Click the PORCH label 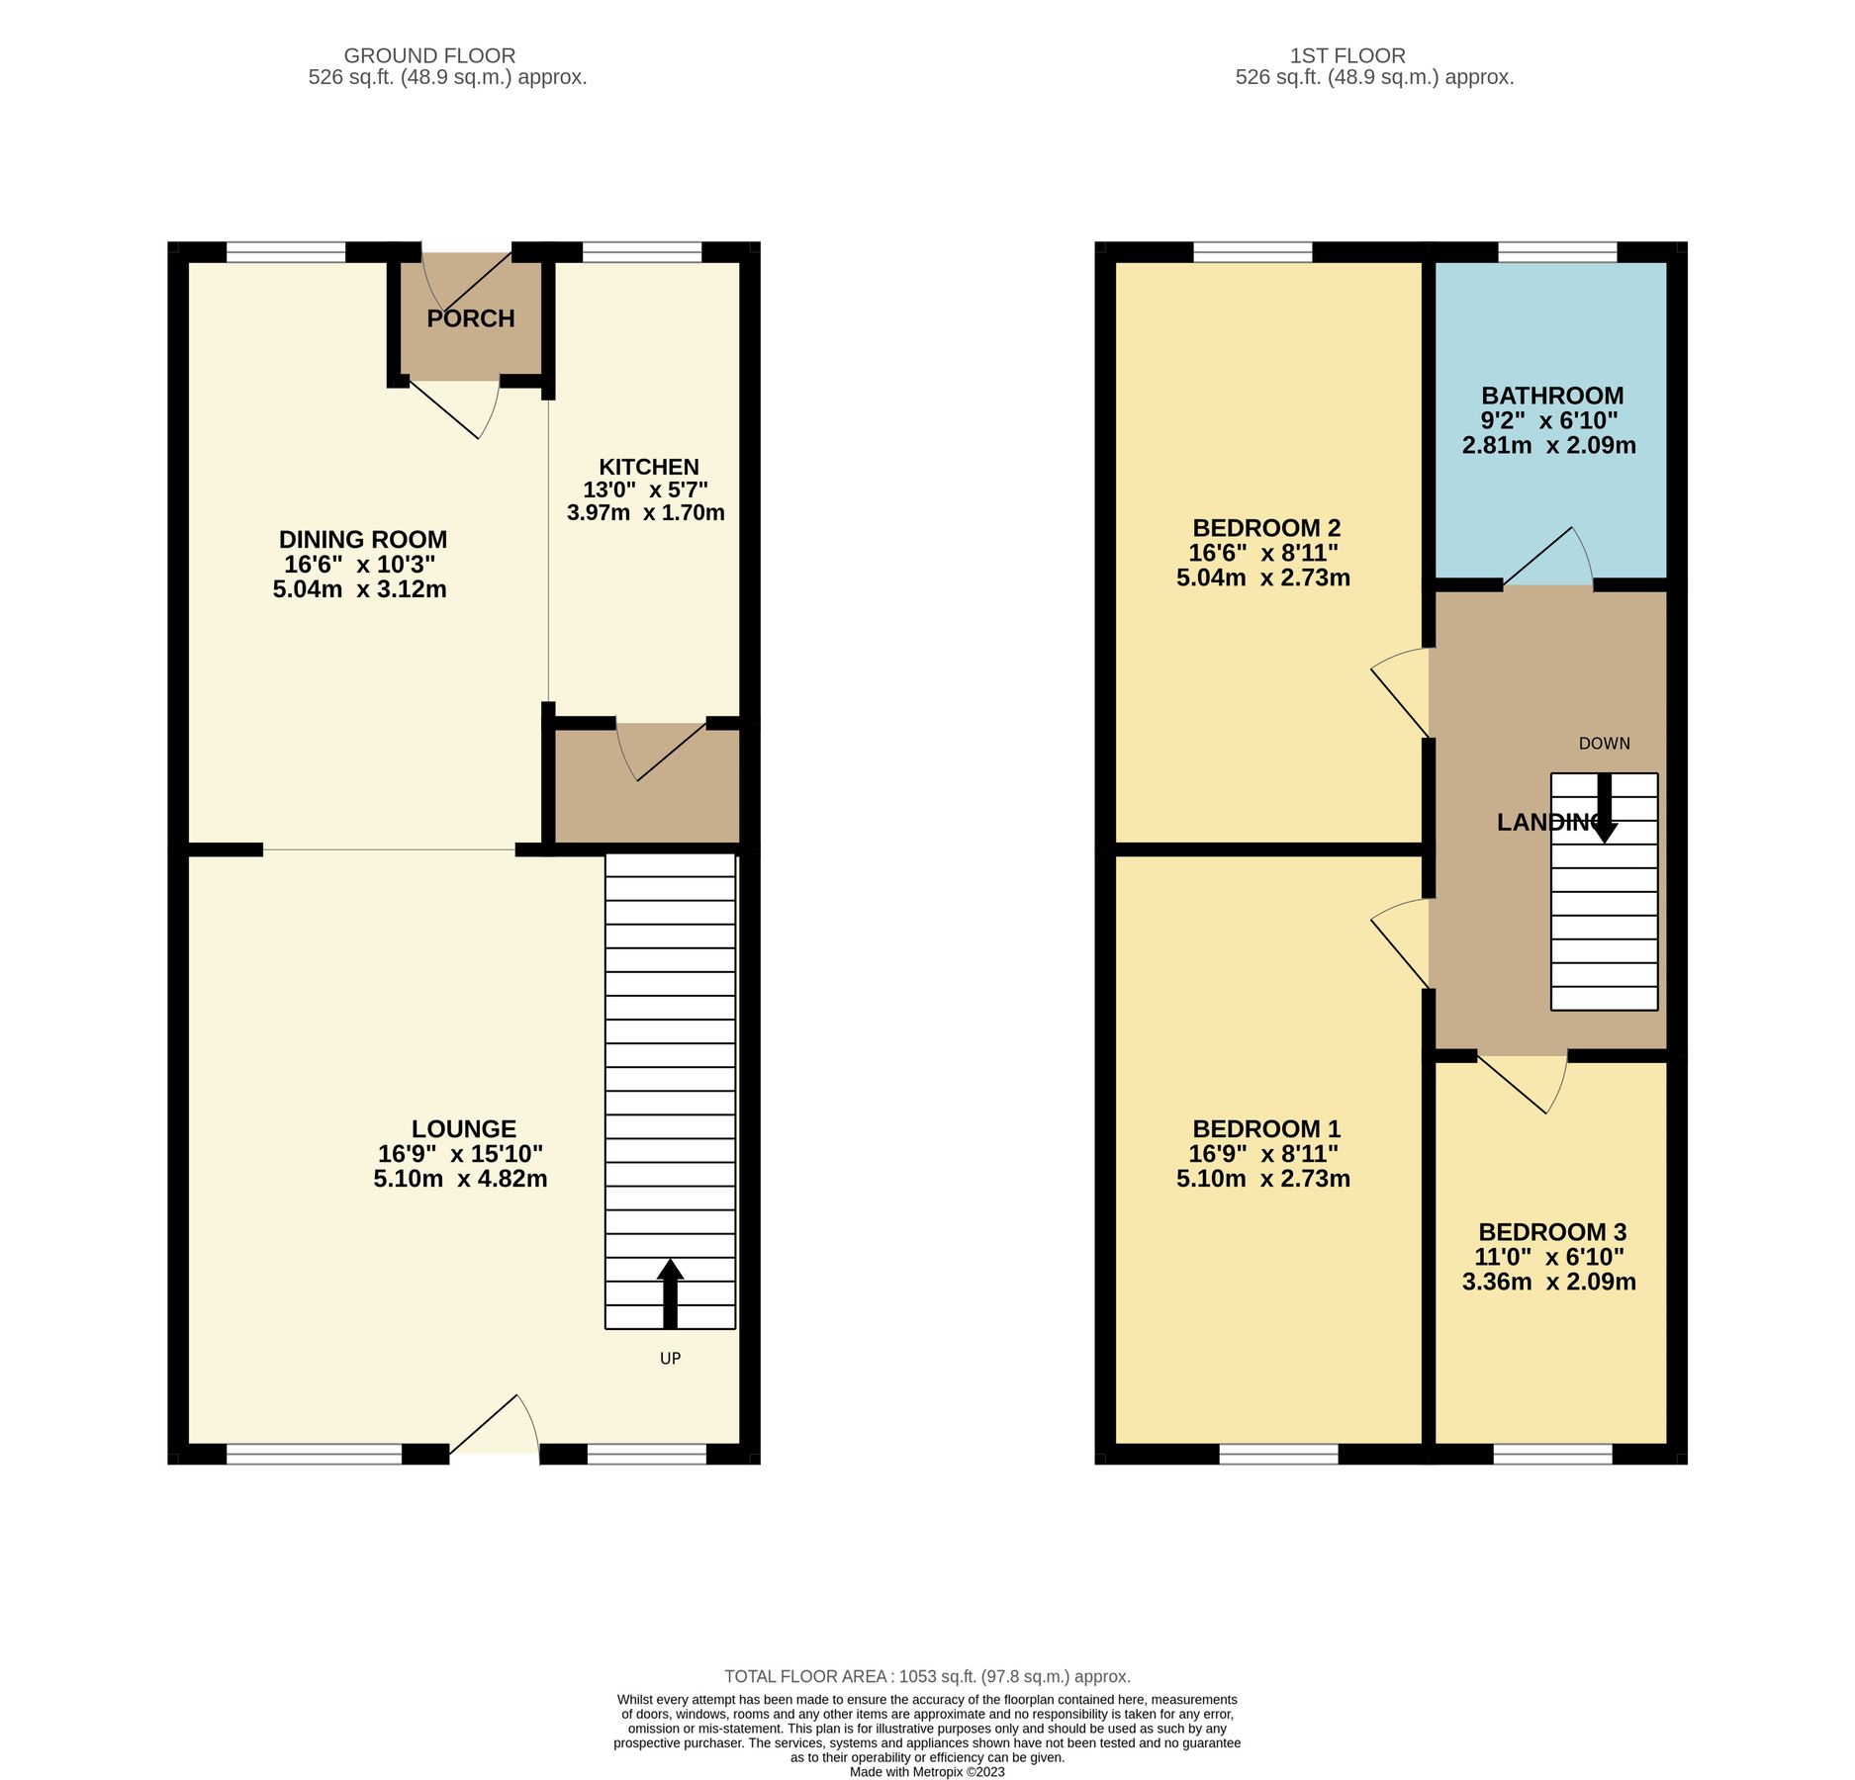(x=471, y=318)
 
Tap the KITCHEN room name (x=648, y=467)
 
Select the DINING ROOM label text (x=362, y=539)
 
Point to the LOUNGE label (x=463, y=1128)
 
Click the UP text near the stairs (x=670, y=1358)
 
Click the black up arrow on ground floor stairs (x=670, y=1291)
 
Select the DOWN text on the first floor (x=1604, y=744)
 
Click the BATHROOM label (x=1551, y=396)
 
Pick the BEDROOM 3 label (x=1551, y=1232)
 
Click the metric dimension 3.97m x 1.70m (x=645, y=512)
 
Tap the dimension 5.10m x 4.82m (x=460, y=1179)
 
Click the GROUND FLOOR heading (x=429, y=56)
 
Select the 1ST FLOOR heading (x=1346, y=56)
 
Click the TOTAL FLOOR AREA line (x=927, y=1676)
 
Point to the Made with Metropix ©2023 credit (x=927, y=1772)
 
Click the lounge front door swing (x=495, y=1424)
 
